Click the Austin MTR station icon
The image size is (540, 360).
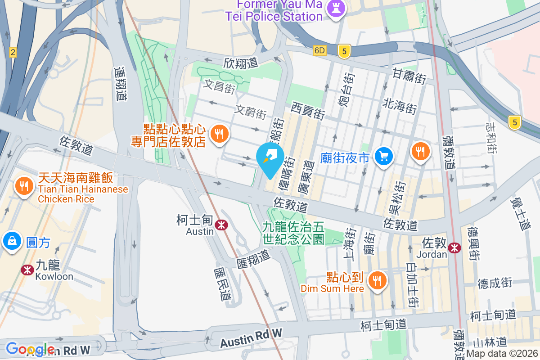(221, 225)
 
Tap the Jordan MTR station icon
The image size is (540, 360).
(454, 247)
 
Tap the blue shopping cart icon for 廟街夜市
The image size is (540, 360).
(384, 157)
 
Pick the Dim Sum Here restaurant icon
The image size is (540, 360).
(376, 281)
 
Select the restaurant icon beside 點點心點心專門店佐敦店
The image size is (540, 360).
(219, 134)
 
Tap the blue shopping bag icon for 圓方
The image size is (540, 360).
(11, 241)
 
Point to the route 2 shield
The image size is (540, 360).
(13, 53)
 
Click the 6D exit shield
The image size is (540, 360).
(319, 50)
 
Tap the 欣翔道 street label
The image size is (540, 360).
(241, 63)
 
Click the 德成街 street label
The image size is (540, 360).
(495, 283)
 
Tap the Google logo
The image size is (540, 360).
(30, 349)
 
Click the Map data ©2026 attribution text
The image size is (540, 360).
(501, 354)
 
